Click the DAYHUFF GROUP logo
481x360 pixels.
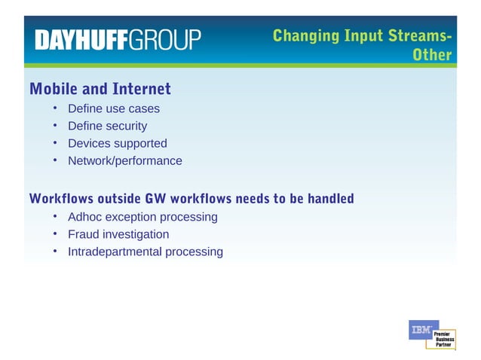click(x=118, y=39)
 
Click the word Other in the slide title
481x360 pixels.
click(x=432, y=55)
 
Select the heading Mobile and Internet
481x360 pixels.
click(x=100, y=89)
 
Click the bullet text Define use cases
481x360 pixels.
click(x=114, y=108)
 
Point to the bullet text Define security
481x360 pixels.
click(x=107, y=126)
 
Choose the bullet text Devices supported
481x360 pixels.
click(x=118, y=143)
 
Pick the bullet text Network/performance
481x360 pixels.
click(x=125, y=160)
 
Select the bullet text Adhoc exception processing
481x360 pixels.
click(x=142, y=217)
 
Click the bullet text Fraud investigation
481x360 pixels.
click(x=118, y=234)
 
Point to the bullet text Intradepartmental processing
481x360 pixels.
click(x=146, y=252)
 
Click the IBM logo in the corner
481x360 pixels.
click(x=420, y=330)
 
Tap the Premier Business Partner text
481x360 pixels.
click(x=443, y=338)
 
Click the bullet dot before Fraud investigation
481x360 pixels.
click(x=56, y=234)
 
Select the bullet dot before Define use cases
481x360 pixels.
click(x=56, y=108)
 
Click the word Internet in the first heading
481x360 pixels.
click(x=142, y=89)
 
